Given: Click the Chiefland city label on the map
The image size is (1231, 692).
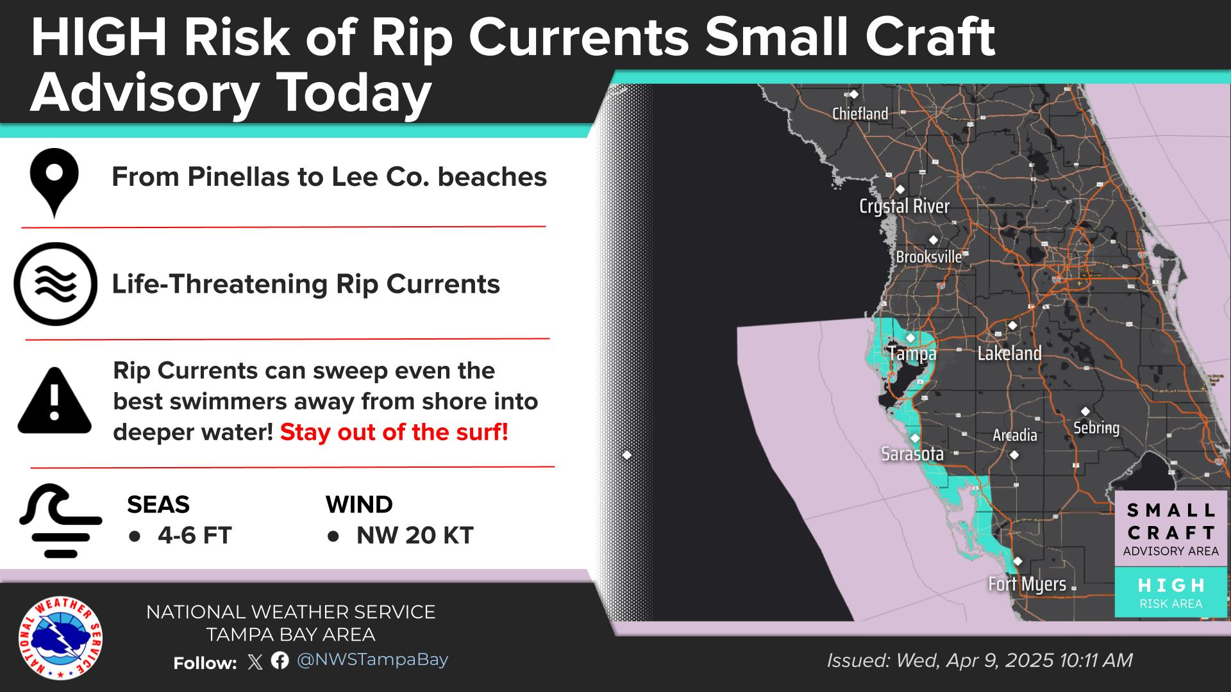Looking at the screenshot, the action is coord(860,114).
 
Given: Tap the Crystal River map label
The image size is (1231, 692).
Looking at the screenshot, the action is coord(904,206).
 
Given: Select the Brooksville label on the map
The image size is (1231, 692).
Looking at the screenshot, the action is coord(929,257).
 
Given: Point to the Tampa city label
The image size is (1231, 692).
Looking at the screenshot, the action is coord(912,354).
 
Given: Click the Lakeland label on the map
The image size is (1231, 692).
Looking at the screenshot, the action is coord(1009,353).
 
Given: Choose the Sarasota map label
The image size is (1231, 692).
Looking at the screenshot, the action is coord(912,454).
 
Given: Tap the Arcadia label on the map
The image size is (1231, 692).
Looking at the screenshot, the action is coord(1014,436).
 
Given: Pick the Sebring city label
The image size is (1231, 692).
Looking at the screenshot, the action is coord(1096,428).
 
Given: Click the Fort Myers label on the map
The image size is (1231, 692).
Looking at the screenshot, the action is coord(1027,584).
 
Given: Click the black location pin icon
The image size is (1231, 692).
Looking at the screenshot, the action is coord(54,183).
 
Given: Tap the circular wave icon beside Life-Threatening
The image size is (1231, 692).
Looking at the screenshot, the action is coord(56,284).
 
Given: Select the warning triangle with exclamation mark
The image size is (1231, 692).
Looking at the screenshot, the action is coord(54,401).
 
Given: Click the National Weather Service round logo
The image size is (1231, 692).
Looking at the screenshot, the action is coord(60,638).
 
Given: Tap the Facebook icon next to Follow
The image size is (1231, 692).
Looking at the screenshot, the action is coord(280,661).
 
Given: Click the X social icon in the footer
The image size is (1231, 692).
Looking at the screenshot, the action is coord(255,662).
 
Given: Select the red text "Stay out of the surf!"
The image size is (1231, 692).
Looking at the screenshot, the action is coord(394,432).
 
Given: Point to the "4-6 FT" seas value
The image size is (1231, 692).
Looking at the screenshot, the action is coord(195,536).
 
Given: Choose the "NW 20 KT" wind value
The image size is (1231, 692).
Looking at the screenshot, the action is coord(415,536).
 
